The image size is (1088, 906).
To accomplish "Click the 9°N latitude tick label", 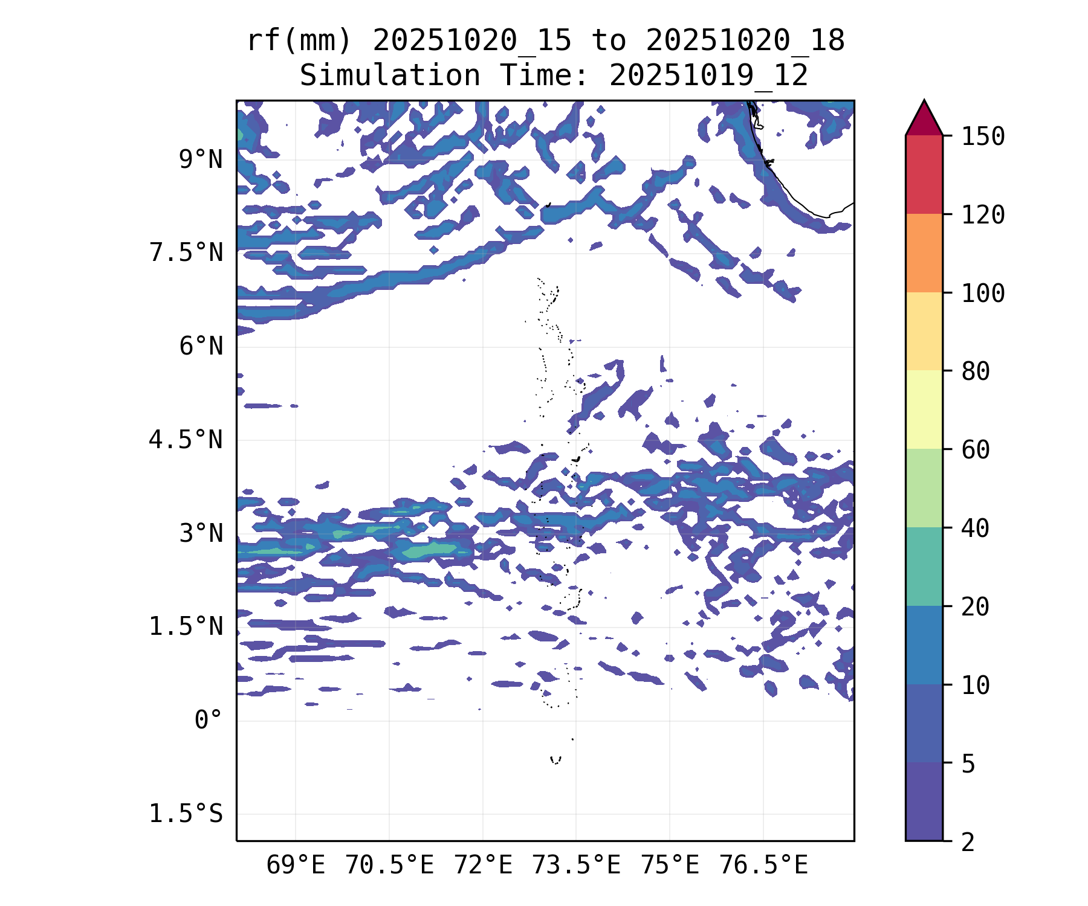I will pos(201,160).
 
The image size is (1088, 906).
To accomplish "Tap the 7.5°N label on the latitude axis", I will pos(186,253).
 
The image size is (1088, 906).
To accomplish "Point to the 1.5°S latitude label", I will pos(186,814).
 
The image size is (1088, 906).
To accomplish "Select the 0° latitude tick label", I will pos(209,721).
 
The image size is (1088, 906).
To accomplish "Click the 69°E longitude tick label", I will pos(296,866).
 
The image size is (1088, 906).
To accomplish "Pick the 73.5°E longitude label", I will pos(576,866).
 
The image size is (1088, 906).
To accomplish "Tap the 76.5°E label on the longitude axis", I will pos(763,866).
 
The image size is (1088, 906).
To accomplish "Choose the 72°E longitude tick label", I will pos(483,866).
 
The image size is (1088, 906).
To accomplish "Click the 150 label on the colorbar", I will pos(983,137).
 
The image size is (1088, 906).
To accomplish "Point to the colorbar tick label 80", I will pos(976,371).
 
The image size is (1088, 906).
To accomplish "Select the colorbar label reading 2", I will pos(968,841).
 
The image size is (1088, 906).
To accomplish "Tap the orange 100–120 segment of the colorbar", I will pos(924,253).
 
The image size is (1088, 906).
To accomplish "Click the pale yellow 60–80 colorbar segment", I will pos(924,410).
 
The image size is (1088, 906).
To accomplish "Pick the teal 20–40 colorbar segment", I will pos(924,567).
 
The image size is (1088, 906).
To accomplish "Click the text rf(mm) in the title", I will pos(299,41).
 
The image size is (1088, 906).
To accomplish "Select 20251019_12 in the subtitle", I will pos(708,76).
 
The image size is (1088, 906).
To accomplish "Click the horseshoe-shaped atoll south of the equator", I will pos(555,760).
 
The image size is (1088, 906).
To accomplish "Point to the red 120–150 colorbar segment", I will pos(924,175).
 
